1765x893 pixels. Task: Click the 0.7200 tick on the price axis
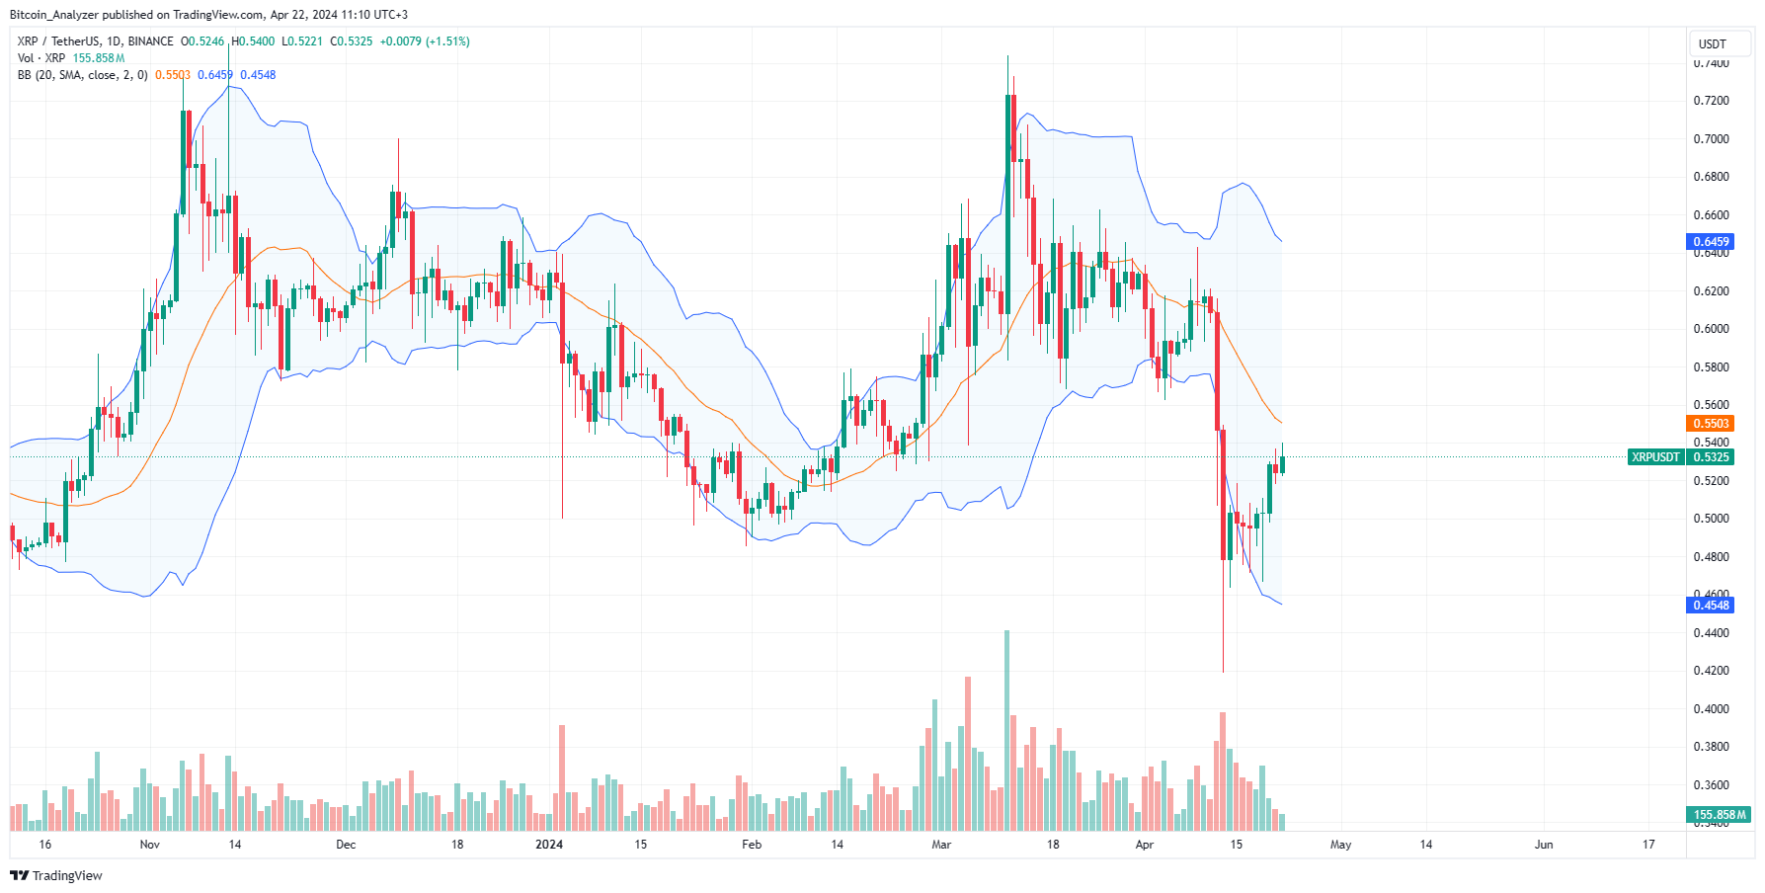point(1711,101)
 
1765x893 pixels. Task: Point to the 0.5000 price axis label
point(1711,519)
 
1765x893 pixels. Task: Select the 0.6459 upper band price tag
point(1711,242)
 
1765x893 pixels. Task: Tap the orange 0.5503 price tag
point(1711,424)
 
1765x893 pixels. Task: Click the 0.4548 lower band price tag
point(1711,606)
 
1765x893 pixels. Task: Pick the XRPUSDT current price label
point(1655,457)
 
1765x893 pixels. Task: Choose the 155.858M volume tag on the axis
point(1720,815)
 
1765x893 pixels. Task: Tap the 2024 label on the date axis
point(549,845)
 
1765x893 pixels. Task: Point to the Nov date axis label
point(150,845)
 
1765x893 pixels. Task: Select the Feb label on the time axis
point(752,845)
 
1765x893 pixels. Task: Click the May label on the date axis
point(1340,845)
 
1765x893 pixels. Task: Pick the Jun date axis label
point(1544,845)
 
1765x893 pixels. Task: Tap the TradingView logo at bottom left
point(56,876)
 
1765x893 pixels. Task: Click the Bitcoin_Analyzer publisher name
point(54,15)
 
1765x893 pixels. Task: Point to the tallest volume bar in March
point(1006,731)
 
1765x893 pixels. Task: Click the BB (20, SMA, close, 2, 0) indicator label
point(83,75)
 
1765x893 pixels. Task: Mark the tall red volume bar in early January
point(562,778)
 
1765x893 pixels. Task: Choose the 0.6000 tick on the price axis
point(1711,329)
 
